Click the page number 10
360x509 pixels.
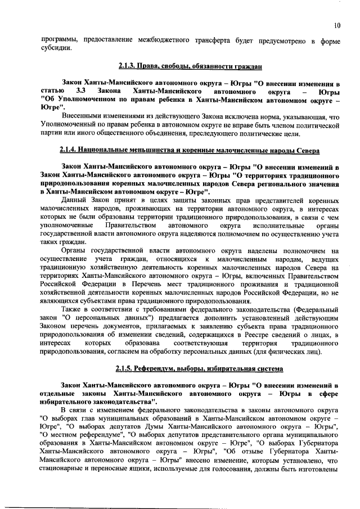tap(336, 25)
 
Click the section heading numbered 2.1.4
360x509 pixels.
tap(190, 151)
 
